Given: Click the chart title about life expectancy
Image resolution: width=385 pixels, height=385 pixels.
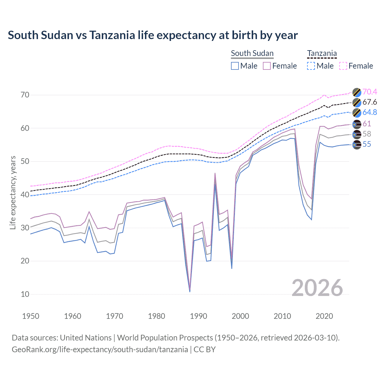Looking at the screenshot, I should pyautogui.click(x=153, y=35).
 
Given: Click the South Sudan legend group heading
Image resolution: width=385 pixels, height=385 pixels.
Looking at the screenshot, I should pyautogui.click(x=252, y=53).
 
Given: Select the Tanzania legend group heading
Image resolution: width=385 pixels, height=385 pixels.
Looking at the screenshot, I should pyautogui.click(x=322, y=53).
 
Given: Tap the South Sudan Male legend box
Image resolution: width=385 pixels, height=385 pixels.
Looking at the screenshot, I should pyautogui.click(x=235, y=66).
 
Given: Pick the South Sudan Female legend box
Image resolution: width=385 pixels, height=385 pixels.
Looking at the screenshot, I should pyautogui.click(x=267, y=66).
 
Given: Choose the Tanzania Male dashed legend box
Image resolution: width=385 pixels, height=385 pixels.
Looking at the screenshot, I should pyautogui.click(x=311, y=66).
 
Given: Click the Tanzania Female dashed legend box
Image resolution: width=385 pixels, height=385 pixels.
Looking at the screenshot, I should pyautogui.click(x=343, y=66).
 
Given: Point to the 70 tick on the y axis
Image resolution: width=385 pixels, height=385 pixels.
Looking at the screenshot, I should pyautogui.click(x=25, y=95).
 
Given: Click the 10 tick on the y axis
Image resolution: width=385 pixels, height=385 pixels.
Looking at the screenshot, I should pyautogui.click(x=25, y=294).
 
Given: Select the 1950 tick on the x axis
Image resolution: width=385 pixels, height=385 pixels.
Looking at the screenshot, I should pyautogui.click(x=31, y=316).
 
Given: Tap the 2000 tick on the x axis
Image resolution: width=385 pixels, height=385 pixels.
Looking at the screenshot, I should pyautogui.click(x=240, y=316).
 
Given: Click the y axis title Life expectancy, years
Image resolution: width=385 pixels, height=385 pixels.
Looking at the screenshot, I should pyautogui.click(x=13, y=192).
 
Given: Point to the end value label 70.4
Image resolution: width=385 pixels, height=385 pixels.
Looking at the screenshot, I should pyautogui.click(x=370, y=92).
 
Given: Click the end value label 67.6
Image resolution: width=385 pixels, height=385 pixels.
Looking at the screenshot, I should pyautogui.click(x=370, y=102).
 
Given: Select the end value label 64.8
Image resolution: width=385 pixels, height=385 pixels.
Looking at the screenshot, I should pyautogui.click(x=370, y=112).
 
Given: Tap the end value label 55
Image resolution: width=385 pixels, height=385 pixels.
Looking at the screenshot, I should pyautogui.click(x=367, y=144).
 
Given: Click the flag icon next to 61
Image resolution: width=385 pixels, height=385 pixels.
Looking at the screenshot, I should pyautogui.click(x=357, y=124).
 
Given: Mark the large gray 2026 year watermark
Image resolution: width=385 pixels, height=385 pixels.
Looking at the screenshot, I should pyautogui.click(x=317, y=288).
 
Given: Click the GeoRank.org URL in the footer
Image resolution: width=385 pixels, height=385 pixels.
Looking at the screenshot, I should pyautogui.click(x=100, y=350).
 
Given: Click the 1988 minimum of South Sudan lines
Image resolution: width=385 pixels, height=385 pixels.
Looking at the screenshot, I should pyautogui.click(x=190, y=291).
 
